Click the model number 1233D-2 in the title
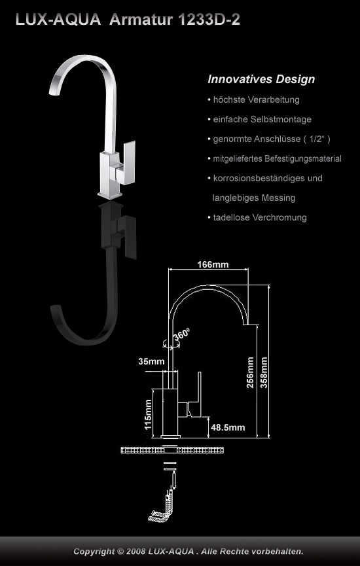tap(209, 20)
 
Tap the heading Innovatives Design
tap(261, 79)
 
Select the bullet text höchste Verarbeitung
tap(256, 99)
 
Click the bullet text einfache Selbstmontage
tap(262, 119)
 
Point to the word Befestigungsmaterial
tap(302, 158)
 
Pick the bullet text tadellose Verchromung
tap(260, 217)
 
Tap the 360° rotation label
tap(182, 334)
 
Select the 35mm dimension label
tap(151, 361)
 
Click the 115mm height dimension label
tap(148, 415)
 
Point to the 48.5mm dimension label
tap(228, 428)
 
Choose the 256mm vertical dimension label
tap(250, 372)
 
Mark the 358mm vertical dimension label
tap(264, 372)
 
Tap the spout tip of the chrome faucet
tap(53, 93)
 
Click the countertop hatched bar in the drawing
tap(173, 450)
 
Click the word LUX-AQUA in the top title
tap(58, 20)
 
